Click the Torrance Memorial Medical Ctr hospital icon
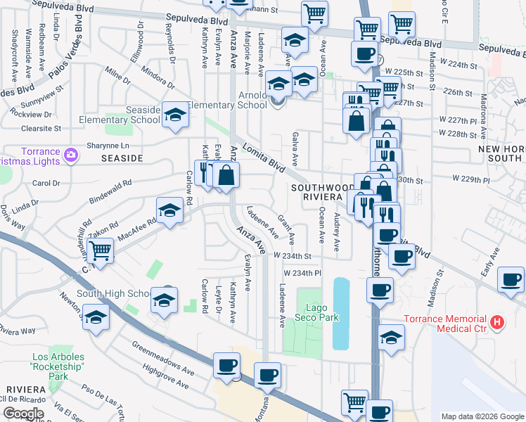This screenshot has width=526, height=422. coord(498,323)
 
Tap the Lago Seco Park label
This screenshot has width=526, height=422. coord(322,312)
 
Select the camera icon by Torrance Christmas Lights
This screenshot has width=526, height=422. coord(70,154)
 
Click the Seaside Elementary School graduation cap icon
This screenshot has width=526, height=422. coord(175,117)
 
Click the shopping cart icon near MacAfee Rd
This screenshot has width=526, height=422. coord(101,250)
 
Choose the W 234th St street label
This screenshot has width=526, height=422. coord(292,256)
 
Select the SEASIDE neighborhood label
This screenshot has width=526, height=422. coord(122,159)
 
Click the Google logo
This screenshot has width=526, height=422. coord(23,413)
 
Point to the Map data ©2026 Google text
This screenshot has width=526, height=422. coord(482,416)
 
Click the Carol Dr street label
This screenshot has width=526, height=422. coord(46,184)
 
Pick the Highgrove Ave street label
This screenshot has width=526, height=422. coord(165,376)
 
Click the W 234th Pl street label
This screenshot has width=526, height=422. coord(302,273)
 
